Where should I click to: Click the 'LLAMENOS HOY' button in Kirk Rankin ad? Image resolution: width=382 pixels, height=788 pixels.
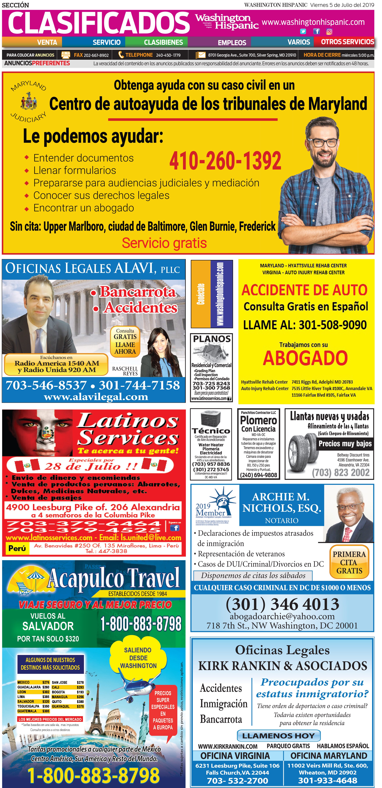pos(279,736)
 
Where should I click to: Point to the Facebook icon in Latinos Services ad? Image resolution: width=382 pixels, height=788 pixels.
pos(174,528)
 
